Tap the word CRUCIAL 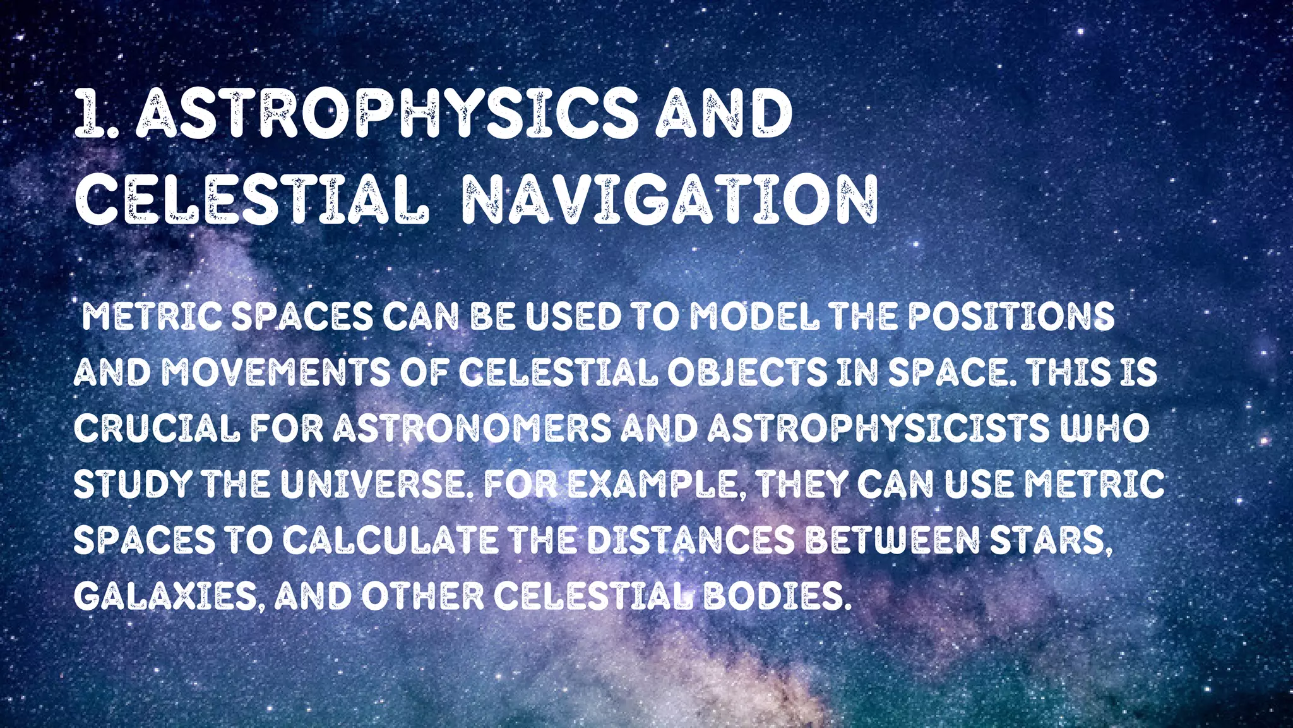point(157,428)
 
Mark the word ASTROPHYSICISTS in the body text point(878,428)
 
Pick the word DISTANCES point(691,540)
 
